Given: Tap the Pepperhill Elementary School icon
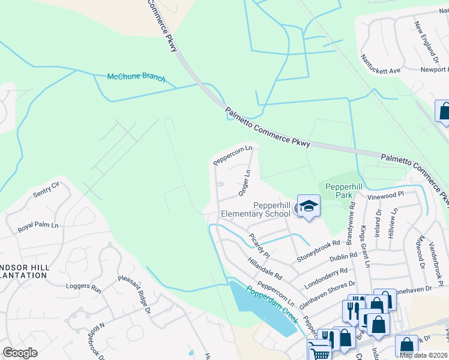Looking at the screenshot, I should (x=309, y=206).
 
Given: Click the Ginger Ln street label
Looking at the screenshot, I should (x=244, y=183).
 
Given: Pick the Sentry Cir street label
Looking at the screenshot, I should (x=47, y=190).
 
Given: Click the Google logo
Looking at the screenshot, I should (x=20, y=353).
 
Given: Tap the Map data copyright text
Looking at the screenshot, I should (x=423, y=355).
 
